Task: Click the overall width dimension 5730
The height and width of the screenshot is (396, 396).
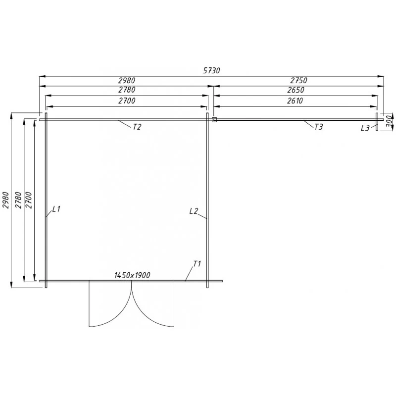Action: click(211, 71)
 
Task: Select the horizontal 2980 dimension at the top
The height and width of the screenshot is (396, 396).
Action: click(126, 80)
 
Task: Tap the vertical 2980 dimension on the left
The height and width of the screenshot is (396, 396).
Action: click(6, 200)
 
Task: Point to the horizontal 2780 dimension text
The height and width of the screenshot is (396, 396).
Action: click(126, 90)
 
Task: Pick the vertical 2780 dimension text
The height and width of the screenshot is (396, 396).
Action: click(19, 200)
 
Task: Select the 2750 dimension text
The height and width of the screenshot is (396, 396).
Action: click(298, 80)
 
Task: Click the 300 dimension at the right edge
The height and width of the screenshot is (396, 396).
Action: click(389, 120)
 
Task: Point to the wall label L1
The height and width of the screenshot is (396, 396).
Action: click(55, 209)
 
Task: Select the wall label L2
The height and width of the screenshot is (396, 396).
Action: click(194, 211)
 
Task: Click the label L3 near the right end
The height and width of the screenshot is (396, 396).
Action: click(365, 128)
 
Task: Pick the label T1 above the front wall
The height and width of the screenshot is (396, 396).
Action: click(197, 263)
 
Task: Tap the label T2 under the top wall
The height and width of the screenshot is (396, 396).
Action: click(137, 127)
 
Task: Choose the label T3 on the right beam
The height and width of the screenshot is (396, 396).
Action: click(318, 127)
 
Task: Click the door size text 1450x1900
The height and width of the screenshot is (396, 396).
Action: click(132, 275)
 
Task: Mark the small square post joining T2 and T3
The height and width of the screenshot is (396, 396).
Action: click(214, 119)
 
